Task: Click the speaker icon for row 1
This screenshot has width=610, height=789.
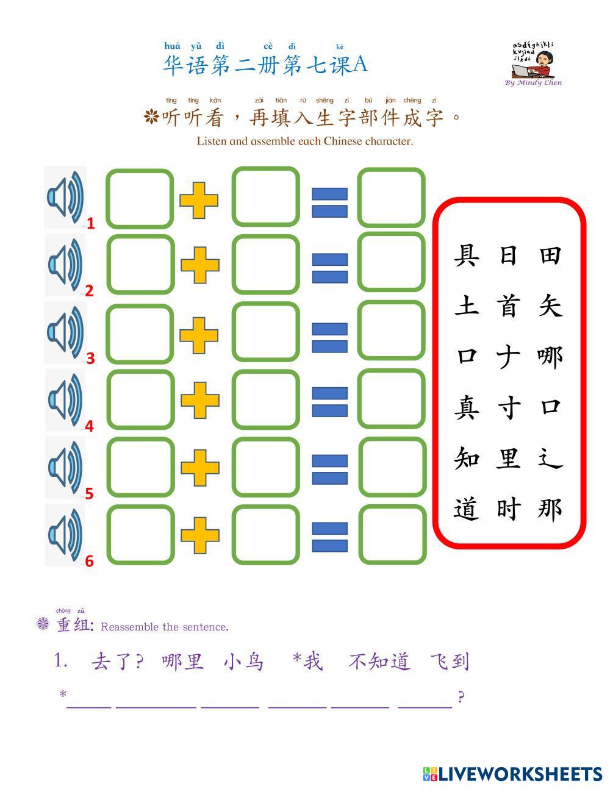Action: click(x=65, y=198)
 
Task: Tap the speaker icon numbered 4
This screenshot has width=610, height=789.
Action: click(x=65, y=399)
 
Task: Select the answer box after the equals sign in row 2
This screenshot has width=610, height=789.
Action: click(x=391, y=263)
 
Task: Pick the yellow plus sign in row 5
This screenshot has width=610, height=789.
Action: click(x=199, y=468)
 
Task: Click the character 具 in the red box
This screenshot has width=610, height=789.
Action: click(x=467, y=255)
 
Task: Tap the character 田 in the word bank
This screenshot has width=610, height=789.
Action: click(x=550, y=255)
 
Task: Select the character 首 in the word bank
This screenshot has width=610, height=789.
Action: click(x=508, y=305)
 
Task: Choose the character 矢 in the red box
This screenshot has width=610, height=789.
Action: click(x=550, y=305)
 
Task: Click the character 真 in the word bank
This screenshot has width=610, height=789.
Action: click(x=467, y=407)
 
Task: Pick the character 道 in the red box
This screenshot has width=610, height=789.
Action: click(x=467, y=509)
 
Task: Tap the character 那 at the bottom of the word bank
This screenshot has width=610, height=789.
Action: click(x=550, y=509)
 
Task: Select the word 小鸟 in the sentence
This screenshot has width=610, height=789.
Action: click(x=244, y=662)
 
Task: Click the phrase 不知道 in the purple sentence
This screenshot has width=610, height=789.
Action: click(x=379, y=662)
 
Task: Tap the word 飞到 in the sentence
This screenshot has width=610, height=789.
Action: click(x=450, y=662)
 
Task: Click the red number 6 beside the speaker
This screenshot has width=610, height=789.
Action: click(x=89, y=561)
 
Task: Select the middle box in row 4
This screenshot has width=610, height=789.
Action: click(x=266, y=400)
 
